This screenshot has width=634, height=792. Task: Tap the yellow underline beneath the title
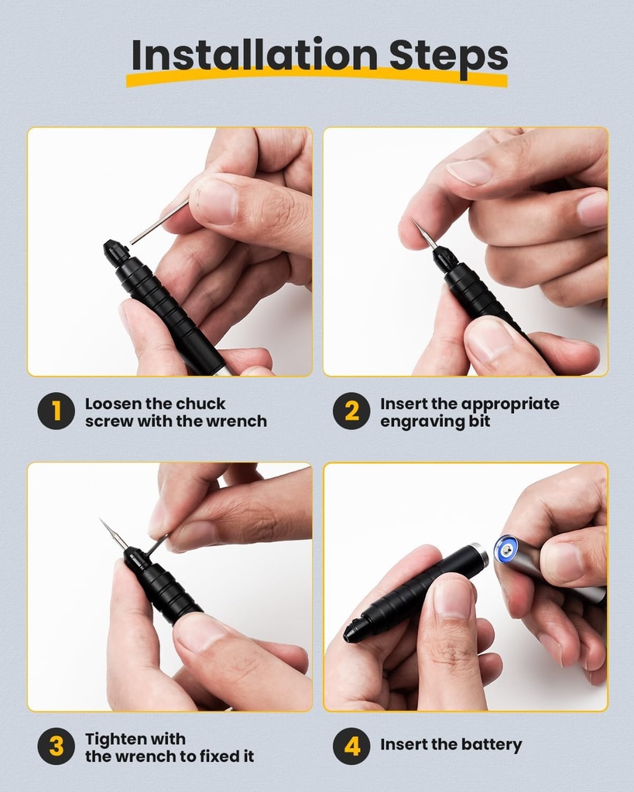317,80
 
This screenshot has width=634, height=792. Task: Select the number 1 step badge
56,411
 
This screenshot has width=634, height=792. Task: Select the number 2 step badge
351,411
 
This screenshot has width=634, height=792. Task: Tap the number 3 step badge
56,747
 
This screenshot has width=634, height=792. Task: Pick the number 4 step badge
351,747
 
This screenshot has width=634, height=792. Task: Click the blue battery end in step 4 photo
507,550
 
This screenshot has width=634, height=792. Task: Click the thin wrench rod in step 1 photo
159,222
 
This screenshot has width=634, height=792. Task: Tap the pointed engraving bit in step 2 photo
424,233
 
